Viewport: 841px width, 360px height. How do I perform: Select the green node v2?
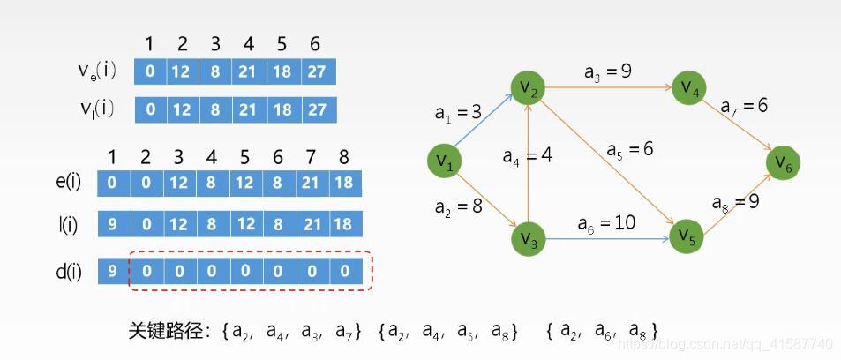pos(528,87)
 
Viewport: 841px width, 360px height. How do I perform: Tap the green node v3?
pos(529,238)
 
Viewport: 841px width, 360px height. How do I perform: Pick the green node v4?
pos(689,87)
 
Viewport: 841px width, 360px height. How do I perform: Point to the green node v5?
pos(687,237)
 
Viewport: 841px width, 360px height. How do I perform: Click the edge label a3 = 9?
pos(608,71)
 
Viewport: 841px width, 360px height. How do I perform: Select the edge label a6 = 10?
pos(606,222)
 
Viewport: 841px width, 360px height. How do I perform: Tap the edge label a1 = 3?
pos(459,112)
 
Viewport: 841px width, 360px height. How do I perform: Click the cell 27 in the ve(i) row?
pos(319,71)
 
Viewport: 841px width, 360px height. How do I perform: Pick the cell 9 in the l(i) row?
pos(114,224)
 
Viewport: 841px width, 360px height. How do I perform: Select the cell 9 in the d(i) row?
pos(113,272)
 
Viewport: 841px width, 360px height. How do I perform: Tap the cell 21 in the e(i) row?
pos(312,184)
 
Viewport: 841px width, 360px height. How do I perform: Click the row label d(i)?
pos(67,273)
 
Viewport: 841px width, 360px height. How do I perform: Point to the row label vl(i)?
pos(97,110)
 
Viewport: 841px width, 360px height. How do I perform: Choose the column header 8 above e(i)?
pos(344,157)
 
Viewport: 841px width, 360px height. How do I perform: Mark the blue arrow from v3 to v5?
pos(608,238)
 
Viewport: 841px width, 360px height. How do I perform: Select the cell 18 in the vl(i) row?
pos(285,110)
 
